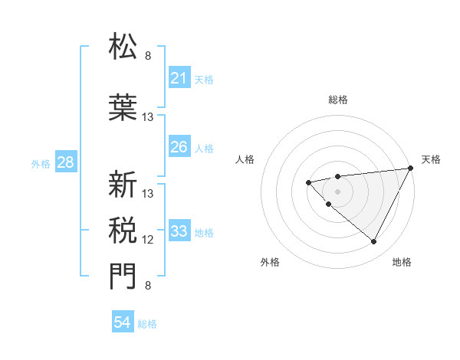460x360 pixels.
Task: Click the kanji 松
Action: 123,47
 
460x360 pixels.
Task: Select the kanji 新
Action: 123,184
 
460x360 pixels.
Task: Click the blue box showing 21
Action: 179,78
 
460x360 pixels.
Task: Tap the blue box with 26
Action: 179,147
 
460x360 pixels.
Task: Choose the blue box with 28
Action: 65,162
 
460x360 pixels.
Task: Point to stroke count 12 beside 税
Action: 148,240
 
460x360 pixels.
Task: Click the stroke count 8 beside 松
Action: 148,55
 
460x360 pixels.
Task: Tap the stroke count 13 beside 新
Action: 148,193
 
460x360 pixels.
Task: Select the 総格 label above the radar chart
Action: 338,100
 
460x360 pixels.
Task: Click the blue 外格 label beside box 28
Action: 41,163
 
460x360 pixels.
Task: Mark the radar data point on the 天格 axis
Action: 411,168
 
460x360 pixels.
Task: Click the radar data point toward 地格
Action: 374,242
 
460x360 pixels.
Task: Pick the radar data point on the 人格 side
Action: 308,182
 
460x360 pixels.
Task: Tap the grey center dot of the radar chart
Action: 338,191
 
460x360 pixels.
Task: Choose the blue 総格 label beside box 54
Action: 147,324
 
